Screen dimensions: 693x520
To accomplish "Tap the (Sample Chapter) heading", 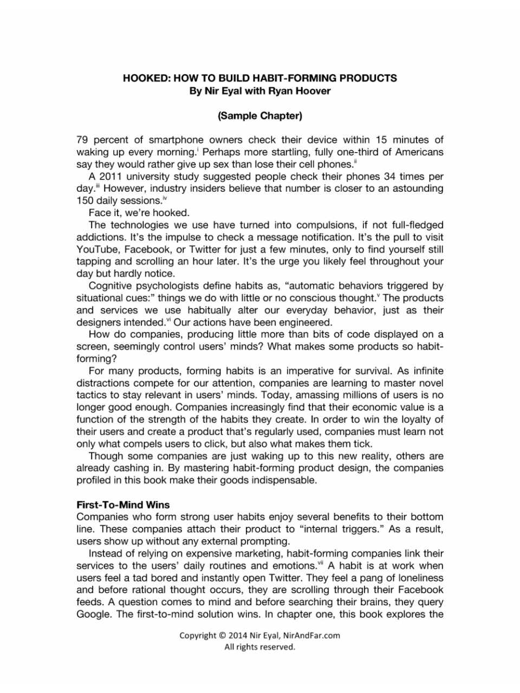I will [259, 115].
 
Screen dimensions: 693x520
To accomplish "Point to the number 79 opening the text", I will [83, 140].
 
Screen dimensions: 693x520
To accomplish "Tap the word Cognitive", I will [114, 285].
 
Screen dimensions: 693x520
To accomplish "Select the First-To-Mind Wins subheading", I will [123, 505].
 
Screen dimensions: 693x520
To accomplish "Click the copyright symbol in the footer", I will [222, 636].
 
